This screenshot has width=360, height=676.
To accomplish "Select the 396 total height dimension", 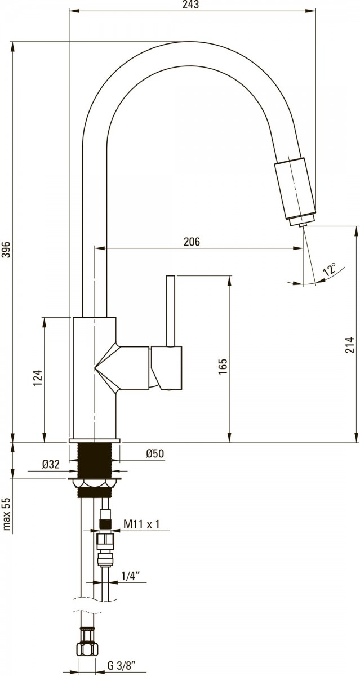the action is [x=6, y=249].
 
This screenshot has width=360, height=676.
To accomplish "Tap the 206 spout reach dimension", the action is [x=192, y=242].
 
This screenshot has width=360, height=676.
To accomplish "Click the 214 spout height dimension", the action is [x=350, y=345].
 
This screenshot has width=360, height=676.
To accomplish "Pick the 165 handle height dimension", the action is [x=223, y=367].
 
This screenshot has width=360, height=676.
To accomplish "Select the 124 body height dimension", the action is [x=37, y=378].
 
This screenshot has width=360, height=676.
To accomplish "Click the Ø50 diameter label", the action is [x=155, y=453].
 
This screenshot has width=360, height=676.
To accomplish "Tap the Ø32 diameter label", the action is [x=51, y=464].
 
